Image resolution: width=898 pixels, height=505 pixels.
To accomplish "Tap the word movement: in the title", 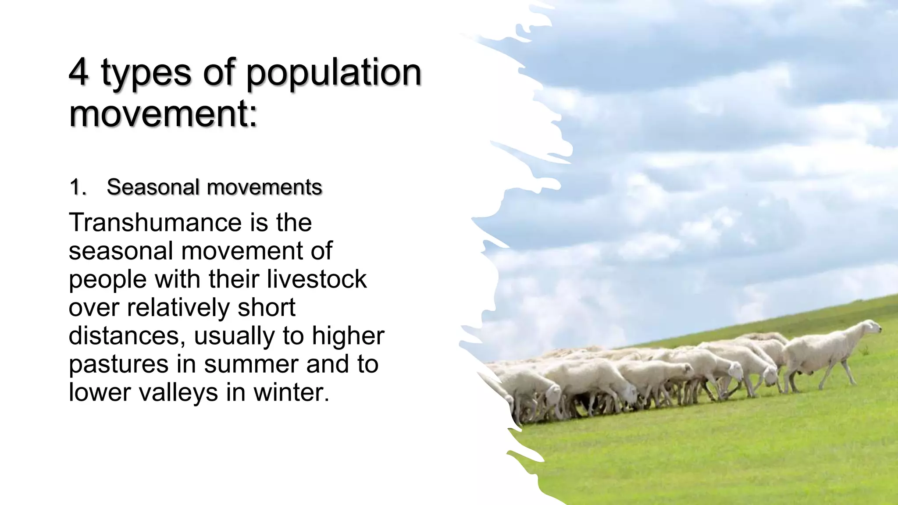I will [163, 113].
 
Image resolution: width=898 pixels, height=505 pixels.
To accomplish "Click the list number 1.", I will [77, 187].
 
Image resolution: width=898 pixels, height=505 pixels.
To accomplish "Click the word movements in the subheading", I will [264, 187].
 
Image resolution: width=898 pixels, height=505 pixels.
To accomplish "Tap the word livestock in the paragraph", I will [317, 279].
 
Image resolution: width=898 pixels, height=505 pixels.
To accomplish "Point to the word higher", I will [348, 335].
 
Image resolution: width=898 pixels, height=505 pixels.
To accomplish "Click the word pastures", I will [118, 364].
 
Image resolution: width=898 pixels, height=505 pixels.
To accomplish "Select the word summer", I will [251, 364].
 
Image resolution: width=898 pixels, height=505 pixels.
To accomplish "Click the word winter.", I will [291, 392].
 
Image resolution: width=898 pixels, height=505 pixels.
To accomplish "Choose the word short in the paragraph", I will [267, 307].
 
